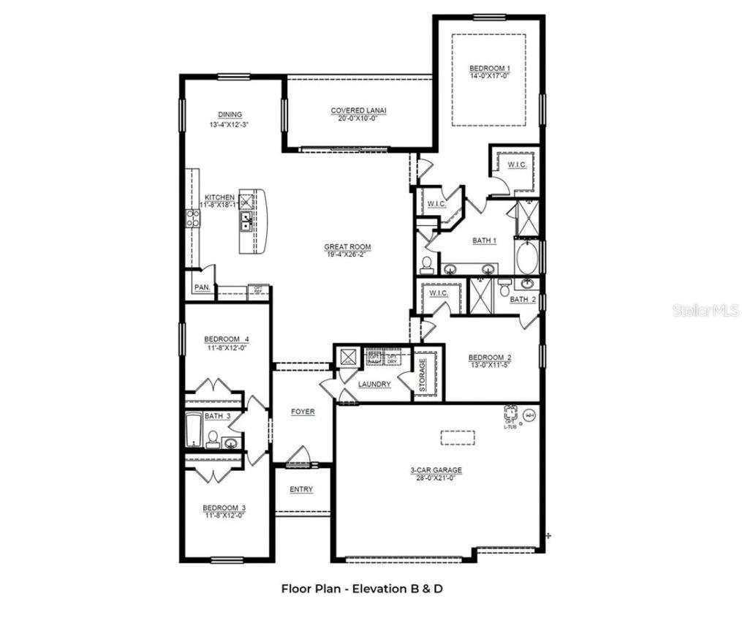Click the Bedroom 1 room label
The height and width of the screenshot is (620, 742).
coord(490,69)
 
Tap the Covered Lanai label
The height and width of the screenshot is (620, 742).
coord(358,111)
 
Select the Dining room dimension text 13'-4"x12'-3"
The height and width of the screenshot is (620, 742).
coord(229,124)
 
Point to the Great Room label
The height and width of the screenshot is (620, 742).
coord(347,247)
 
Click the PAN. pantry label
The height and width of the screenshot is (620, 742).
coord(202,288)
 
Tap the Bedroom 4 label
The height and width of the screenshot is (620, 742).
coord(227,339)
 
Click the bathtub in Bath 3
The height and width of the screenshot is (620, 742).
coord(194,431)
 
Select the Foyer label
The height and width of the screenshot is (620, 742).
coord(303,412)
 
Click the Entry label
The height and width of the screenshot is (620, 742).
coord(301,489)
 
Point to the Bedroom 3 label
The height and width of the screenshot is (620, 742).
coord(224,508)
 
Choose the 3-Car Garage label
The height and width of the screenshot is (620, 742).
coord(436,471)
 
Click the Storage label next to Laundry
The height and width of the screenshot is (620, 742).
coord(422,374)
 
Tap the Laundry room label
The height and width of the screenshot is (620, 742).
coord(374,384)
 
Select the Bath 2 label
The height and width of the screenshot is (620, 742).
coord(523,300)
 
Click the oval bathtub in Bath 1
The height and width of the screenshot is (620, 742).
coord(526,257)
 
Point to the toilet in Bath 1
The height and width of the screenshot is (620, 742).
coord(427,263)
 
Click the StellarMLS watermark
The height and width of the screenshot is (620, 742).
coord(705,310)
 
